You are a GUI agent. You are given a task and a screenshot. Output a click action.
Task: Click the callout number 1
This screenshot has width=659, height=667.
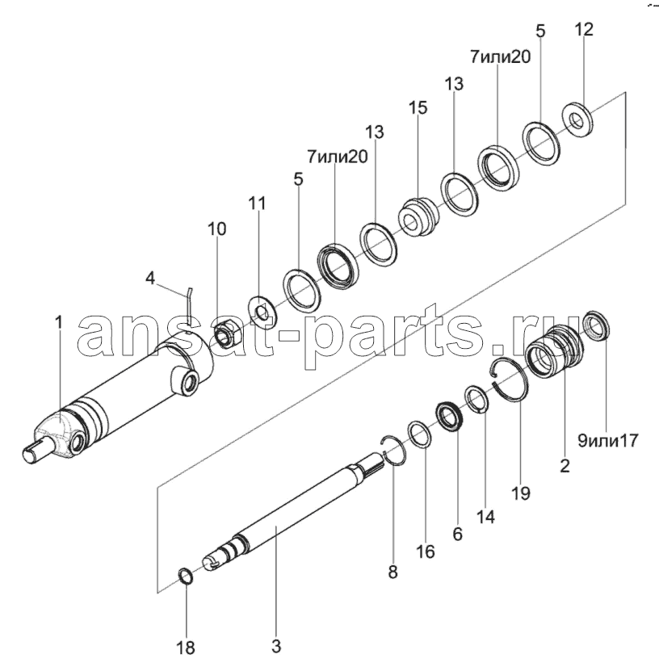pyautogui.click(x=59, y=322)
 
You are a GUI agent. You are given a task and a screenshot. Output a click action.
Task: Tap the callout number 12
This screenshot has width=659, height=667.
pyautogui.click(x=584, y=30)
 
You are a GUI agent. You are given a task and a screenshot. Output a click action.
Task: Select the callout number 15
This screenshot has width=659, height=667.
pyautogui.click(x=418, y=107)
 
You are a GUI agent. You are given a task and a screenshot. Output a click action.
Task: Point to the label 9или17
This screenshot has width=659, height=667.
pyautogui.click(x=608, y=441)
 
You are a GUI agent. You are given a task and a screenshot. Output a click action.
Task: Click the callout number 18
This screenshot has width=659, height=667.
pyautogui.click(x=186, y=648)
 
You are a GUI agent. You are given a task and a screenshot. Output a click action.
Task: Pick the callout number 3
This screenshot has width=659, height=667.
pyautogui.click(x=276, y=647)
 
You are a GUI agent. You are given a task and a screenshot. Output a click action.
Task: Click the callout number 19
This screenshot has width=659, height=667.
pyautogui.click(x=521, y=493)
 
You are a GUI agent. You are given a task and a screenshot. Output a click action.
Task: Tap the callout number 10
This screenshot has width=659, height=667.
pyautogui.click(x=217, y=229)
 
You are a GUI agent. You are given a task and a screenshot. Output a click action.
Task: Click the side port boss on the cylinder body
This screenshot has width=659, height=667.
pyautogui.click(x=185, y=379)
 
